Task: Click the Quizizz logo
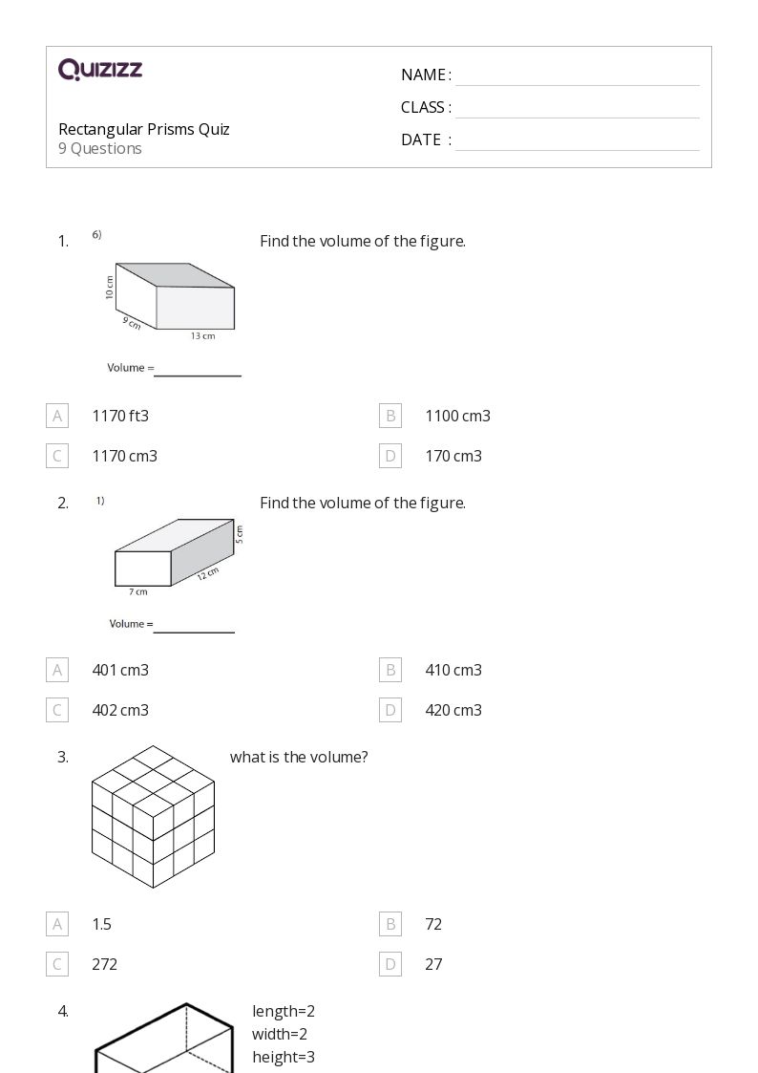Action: click(x=100, y=70)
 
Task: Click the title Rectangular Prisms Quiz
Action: click(x=143, y=129)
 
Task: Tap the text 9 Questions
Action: click(x=100, y=148)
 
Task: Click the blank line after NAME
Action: click(x=577, y=76)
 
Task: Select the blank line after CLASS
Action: click(x=577, y=109)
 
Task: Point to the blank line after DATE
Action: click(x=577, y=141)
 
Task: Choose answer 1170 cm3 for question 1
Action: click(x=124, y=456)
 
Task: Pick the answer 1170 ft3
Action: click(x=120, y=416)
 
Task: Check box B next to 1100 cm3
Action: click(x=390, y=416)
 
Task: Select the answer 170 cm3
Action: click(x=453, y=456)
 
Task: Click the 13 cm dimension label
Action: click(x=202, y=335)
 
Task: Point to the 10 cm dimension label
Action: click(x=110, y=288)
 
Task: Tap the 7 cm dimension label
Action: click(x=138, y=592)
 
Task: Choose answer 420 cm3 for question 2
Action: click(x=453, y=710)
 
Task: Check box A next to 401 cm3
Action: click(x=57, y=670)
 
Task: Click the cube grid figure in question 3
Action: click(x=153, y=817)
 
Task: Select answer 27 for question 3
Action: click(x=433, y=964)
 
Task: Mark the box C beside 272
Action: click(x=57, y=964)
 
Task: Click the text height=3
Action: click(x=284, y=1057)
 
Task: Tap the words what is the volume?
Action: click(x=299, y=757)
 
